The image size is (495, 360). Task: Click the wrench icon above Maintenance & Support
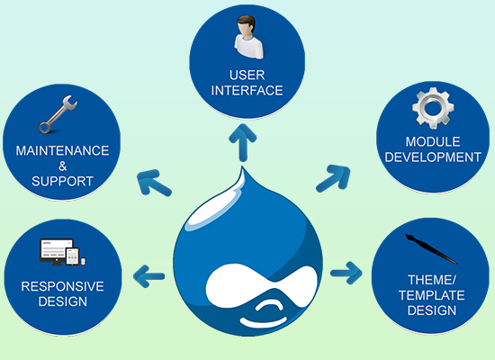58,114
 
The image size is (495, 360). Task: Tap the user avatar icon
248,37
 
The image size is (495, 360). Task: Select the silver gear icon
433,108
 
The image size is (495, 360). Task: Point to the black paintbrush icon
431,249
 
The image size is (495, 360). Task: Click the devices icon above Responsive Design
62,252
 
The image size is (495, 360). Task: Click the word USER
247,76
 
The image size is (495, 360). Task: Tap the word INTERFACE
247,91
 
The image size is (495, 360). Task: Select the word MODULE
433,142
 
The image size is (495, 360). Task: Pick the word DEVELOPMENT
433,157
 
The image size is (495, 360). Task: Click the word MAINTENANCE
62,150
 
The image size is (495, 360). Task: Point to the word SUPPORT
62,181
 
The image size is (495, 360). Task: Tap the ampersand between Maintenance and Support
63,166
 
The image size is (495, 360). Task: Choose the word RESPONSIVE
62,286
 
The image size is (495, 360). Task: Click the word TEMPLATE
431,295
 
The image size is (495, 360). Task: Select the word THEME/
431,280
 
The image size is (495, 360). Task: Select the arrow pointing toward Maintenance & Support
153,183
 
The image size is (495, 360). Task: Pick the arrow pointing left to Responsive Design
149,276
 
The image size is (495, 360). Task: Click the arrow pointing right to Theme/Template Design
346,273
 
